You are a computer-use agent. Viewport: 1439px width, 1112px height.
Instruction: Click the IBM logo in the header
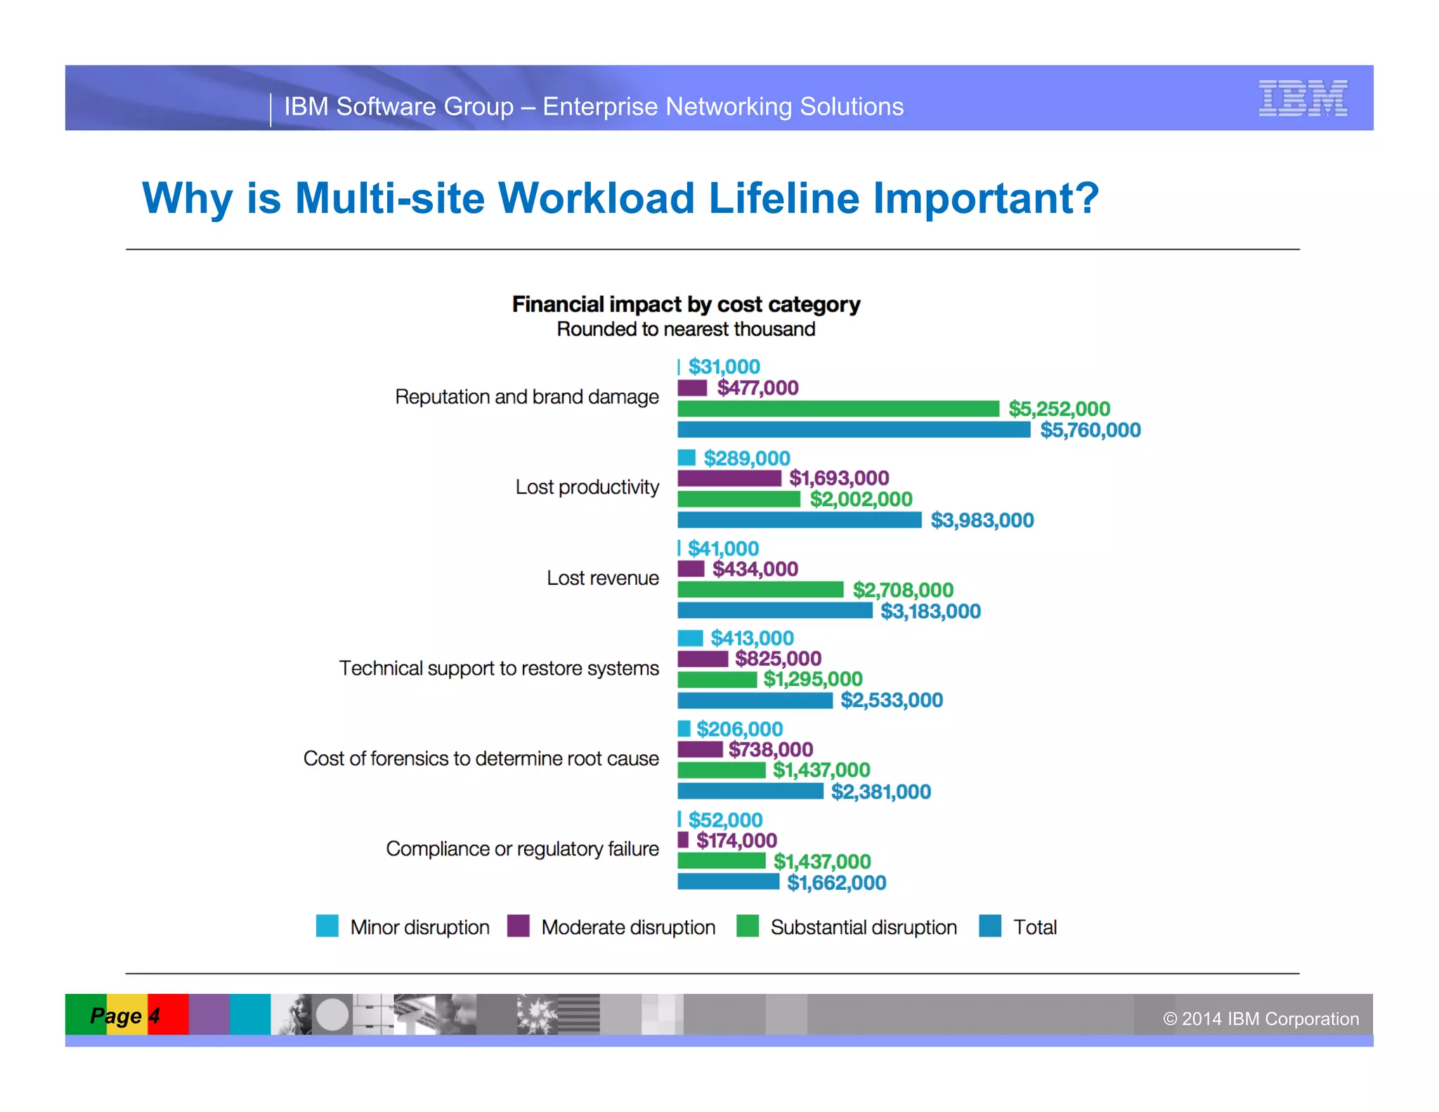pyautogui.click(x=1303, y=98)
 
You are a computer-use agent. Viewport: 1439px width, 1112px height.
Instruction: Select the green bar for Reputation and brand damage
pyautogui.click(x=838, y=408)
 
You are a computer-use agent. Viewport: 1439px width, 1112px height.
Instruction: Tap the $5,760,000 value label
pyautogui.click(x=1090, y=430)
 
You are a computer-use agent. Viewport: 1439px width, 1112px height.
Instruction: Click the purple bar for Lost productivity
pyautogui.click(x=729, y=479)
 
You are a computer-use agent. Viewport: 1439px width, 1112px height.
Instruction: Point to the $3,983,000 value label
pyautogui.click(x=982, y=521)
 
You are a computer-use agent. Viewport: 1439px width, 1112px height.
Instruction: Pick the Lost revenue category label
pyautogui.click(x=602, y=578)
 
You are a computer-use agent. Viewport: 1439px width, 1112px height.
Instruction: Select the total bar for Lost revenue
pyautogui.click(x=774, y=611)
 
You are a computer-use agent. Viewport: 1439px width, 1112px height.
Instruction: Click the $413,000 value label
pyautogui.click(x=752, y=638)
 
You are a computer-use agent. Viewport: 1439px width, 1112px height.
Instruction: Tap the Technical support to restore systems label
pyautogui.click(x=499, y=668)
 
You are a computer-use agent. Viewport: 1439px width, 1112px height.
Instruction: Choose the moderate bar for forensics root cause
pyautogui.click(x=699, y=749)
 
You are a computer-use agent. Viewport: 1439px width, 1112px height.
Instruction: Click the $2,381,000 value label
pyautogui.click(x=880, y=792)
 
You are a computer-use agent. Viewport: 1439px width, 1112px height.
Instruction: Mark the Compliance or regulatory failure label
pyautogui.click(x=522, y=849)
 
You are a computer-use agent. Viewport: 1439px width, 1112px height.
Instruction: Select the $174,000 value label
pyautogui.click(x=736, y=841)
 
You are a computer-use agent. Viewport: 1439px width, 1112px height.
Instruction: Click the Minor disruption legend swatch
pyautogui.click(x=327, y=926)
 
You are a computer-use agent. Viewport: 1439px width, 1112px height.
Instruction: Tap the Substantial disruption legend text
pyautogui.click(x=864, y=928)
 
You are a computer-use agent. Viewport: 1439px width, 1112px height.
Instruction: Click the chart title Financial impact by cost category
pyautogui.click(x=686, y=304)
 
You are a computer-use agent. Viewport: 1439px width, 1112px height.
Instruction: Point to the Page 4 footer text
pyautogui.click(x=125, y=1016)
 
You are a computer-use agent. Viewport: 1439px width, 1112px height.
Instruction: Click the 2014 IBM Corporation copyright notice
pyautogui.click(x=1261, y=1019)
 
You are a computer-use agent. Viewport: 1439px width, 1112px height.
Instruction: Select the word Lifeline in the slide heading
pyautogui.click(x=783, y=198)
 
